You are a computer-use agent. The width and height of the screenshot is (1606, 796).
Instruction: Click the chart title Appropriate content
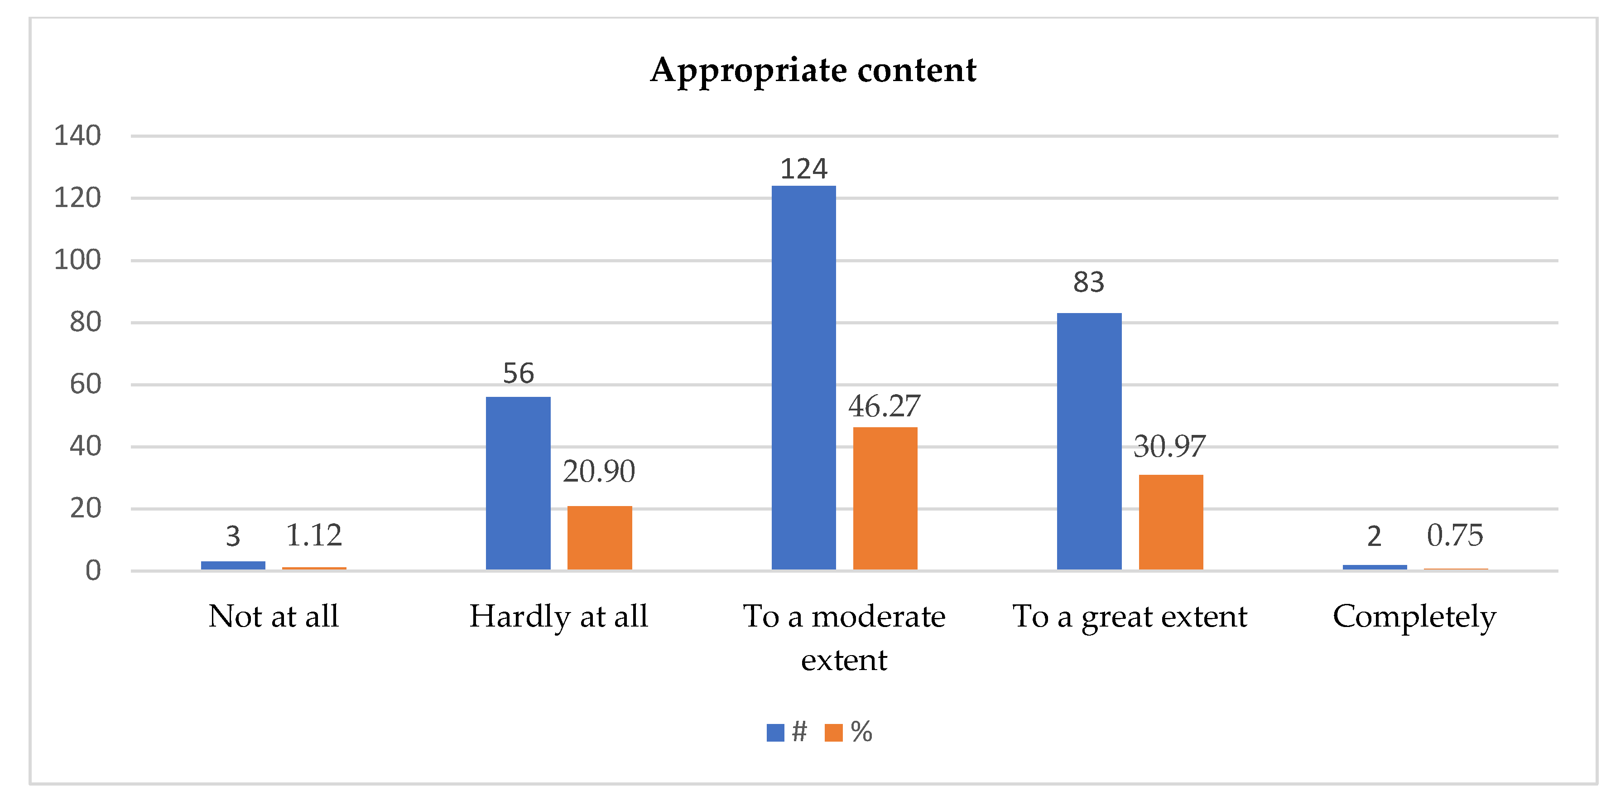pyautogui.click(x=813, y=70)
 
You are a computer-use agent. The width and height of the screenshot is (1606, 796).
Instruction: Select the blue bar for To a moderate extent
pyautogui.click(x=803, y=377)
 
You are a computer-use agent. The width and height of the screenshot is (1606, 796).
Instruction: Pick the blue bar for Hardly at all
pyautogui.click(x=518, y=483)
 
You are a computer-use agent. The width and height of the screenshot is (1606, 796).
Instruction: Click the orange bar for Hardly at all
pyautogui.click(x=599, y=537)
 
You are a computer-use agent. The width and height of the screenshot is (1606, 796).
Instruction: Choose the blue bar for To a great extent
pyautogui.click(x=1089, y=441)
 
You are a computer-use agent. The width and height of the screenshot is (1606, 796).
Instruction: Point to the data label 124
pyautogui.click(x=803, y=169)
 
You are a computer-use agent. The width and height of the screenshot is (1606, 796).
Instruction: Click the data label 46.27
pyautogui.click(x=884, y=406)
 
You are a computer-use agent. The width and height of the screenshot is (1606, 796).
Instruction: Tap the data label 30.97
pyautogui.click(x=1169, y=447)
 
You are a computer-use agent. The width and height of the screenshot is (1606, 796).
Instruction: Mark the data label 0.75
pyautogui.click(x=1454, y=535)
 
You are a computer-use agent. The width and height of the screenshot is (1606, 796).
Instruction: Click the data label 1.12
pyautogui.click(x=313, y=535)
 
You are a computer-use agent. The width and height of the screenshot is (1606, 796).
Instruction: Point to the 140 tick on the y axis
pyautogui.click(x=77, y=135)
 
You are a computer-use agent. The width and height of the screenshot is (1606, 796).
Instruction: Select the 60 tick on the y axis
pyautogui.click(x=86, y=384)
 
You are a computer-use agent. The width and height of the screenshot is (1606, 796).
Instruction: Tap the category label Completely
pyautogui.click(x=1414, y=616)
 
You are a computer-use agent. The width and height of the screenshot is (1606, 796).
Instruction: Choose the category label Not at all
pyautogui.click(x=274, y=616)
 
